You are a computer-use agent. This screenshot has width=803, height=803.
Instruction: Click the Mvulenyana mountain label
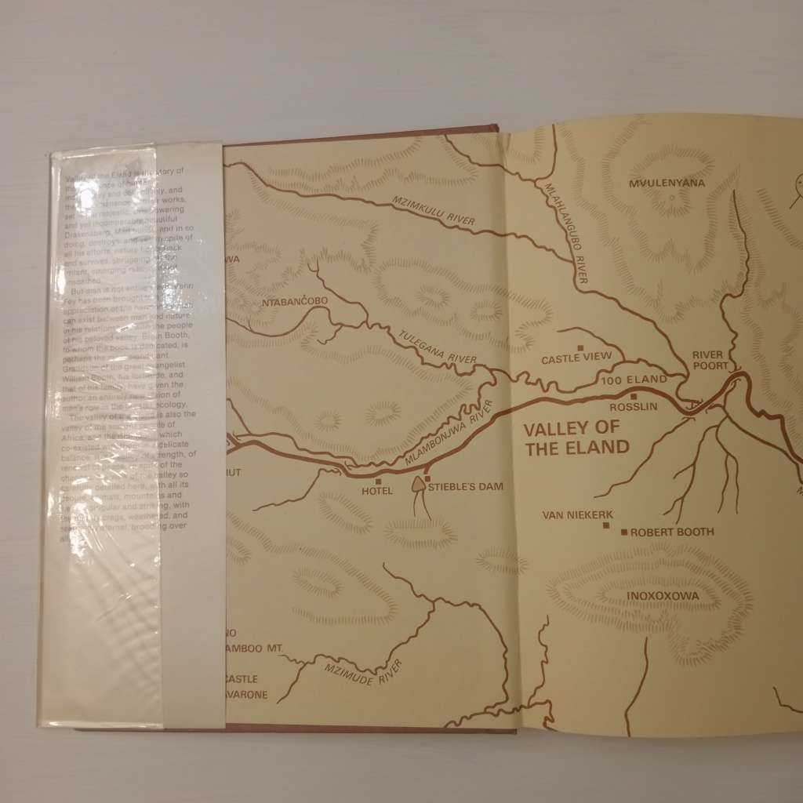(x=667, y=183)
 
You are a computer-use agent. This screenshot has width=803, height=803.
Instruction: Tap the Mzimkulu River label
(x=434, y=213)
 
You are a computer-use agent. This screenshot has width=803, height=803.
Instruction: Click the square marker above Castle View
(x=581, y=347)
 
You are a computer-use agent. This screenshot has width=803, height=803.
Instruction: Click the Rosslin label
(x=633, y=408)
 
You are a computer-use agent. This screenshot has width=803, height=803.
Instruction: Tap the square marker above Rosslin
(x=633, y=397)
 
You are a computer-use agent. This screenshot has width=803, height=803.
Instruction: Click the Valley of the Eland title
(x=576, y=438)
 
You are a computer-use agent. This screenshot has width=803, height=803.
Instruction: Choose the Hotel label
(x=376, y=492)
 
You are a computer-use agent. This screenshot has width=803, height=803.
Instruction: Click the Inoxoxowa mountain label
(x=663, y=594)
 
